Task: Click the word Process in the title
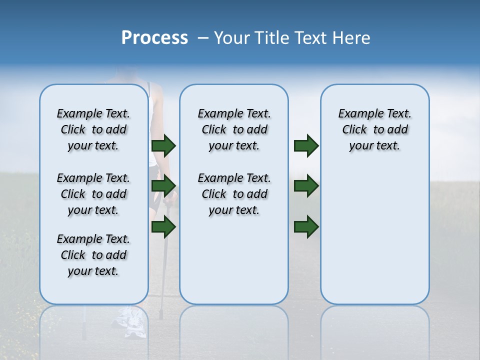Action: click(x=154, y=38)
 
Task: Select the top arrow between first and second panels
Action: click(x=163, y=145)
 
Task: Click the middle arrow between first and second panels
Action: click(x=163, y=185)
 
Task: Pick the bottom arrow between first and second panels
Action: click(x=163, y=227)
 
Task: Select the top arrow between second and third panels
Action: click(x=306, y=145)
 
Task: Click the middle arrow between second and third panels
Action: click(x=306, y=185)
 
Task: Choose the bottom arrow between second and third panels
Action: click(x=306, y=227)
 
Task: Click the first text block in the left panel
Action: click(x=93, y=129)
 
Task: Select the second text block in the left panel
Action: click(x=93, y=194)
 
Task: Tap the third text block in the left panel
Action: click(x=93, y=255)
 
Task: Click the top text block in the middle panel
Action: click(x=234, y=129)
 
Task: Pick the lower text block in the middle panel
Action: click(x=234, y=194)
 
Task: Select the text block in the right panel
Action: click(x=374, y=129)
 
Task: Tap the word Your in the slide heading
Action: click(x=231, y=38)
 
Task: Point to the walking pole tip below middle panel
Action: click(x=161, y=315)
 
